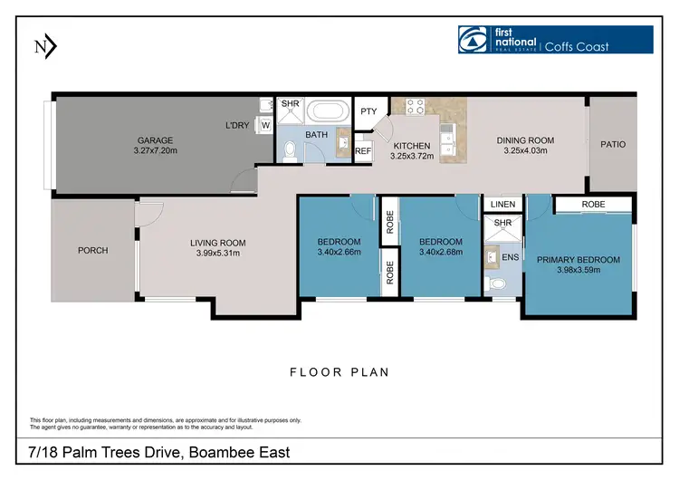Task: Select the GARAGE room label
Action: tap(156, 140)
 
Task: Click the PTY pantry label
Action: tap(368, 111)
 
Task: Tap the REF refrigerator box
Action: tap(364, 152)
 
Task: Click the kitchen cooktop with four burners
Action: tap(415, 107)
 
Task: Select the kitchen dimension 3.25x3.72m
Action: tap(412, 156)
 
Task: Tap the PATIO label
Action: tap(613, 144)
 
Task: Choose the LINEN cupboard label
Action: tap(502, 205)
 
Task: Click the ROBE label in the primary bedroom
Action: tap(593, 205)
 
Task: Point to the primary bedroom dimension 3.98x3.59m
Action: tap(579, 271)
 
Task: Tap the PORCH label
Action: tap(92, 250)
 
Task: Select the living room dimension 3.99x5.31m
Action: tap(217, 253)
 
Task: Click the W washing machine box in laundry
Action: tap(265, 125)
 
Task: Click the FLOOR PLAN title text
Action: tap(339, 371)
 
